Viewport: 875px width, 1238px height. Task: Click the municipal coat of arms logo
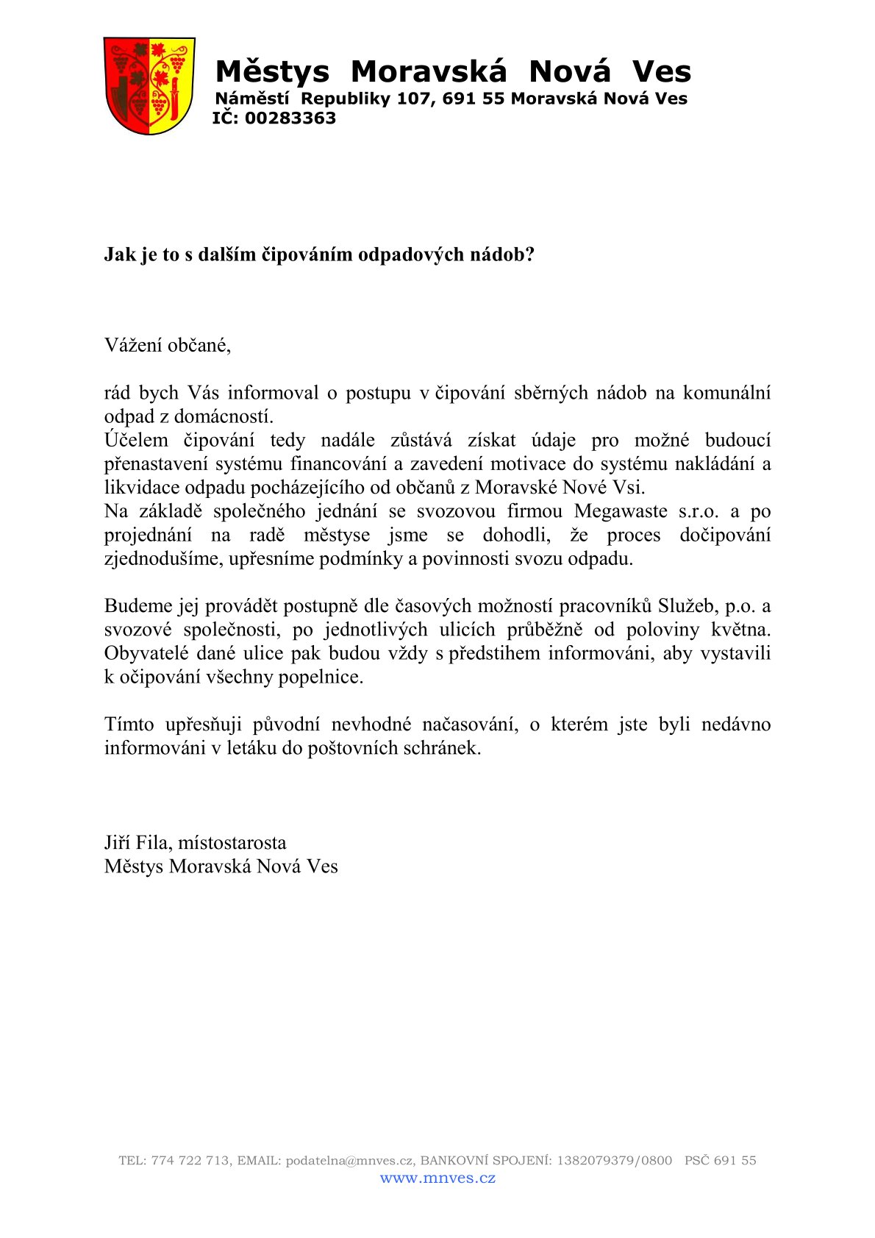click(149, 86)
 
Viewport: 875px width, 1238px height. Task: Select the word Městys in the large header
click(272, 72)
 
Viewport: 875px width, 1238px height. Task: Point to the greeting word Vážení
click(133, 345)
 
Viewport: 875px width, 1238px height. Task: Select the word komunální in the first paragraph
click(726, 393)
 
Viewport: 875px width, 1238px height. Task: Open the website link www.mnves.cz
click(438, 1178)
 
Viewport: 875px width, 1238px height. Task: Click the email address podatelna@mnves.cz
click(349, 1161)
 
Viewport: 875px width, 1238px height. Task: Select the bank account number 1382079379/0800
click(614, 1161)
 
